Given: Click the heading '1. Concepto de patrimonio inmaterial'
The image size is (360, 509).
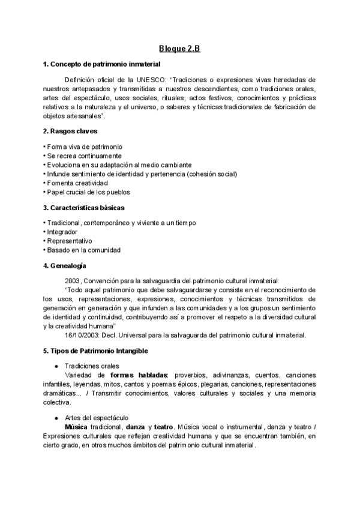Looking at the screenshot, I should pos(101,64).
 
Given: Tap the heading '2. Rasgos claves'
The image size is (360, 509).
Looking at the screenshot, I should pos(71,131).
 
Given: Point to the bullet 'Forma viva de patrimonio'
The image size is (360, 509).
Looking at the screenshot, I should pos(85,146).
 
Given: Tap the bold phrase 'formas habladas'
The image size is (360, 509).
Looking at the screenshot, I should pos(140,375).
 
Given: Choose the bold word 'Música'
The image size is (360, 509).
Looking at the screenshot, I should pos(68,426).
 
